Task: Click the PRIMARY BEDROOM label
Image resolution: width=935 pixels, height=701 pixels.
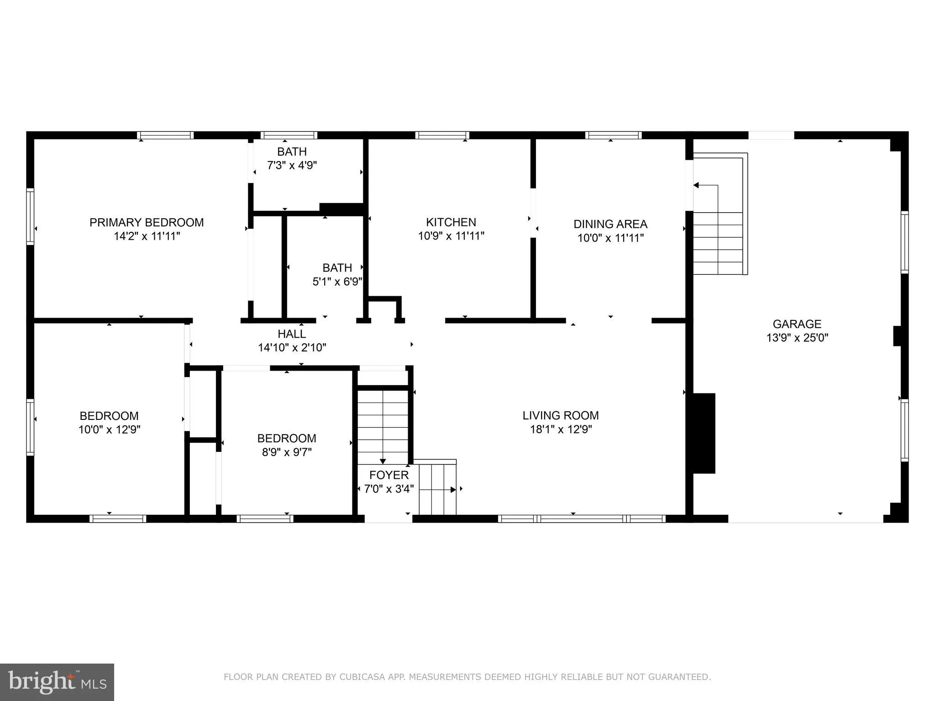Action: tap(147, 222)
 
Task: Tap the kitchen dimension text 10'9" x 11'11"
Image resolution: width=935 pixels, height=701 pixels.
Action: tap(451, 236)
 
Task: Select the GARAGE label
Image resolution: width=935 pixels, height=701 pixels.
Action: tap(797, 324)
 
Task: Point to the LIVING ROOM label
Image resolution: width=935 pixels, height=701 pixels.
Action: tap(561, 415)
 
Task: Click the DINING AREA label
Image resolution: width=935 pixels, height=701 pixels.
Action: tap(610, 224)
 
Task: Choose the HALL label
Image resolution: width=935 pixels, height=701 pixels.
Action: tap(292, 334)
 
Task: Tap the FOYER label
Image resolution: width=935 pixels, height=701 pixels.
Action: tap(389, 475)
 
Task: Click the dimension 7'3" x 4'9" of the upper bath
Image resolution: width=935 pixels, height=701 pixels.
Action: tap(292, 165)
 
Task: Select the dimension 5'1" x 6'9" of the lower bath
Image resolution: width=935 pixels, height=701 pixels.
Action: tap(337, 282)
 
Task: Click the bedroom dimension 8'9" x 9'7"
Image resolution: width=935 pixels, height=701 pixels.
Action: tap(287, 452)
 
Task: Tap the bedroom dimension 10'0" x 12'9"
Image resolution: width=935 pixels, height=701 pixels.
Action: tap(109, 429)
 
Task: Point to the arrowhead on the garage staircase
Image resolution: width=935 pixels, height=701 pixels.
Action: tap(697, 185)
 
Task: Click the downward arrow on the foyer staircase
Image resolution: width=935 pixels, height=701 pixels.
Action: tap(383, 461)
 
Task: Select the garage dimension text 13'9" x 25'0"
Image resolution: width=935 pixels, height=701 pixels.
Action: tap(797, 338)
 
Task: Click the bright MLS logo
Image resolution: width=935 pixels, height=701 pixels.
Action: tap(57, 682)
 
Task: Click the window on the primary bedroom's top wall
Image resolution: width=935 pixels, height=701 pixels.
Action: tap(165, 135)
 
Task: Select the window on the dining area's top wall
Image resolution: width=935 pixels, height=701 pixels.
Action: tap(614, 135)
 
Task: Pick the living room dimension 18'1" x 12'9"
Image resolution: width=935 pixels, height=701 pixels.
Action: tap(561, 429)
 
